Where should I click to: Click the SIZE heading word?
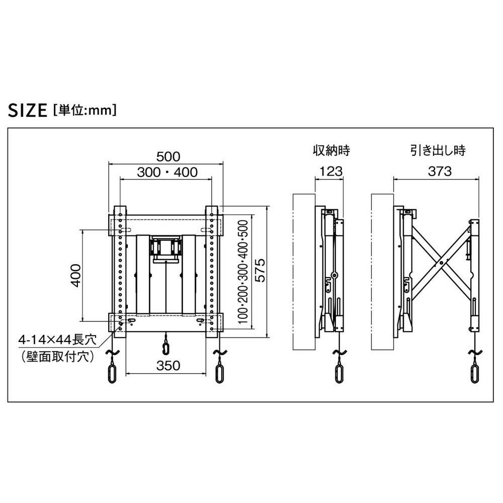(28, 110)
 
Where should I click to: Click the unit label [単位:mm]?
(85, 110)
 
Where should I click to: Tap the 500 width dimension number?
(168, 156)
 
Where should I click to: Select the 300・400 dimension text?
(167, 172)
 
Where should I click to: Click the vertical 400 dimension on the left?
(76, 276)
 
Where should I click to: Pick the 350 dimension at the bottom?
(168, 365)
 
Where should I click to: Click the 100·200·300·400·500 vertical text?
(243, 272)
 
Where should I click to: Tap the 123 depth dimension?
(331, 172)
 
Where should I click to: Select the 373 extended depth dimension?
(440, 172)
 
